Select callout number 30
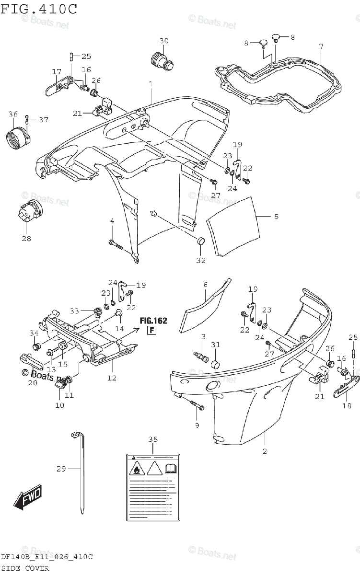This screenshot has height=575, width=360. (164, 41)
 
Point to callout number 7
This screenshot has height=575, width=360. (321, 46)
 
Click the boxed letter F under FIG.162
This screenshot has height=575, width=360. (151, 330)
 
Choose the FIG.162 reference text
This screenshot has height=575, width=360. (154, 321)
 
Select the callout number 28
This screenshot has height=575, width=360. (26, 238)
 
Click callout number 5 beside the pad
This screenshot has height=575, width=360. (276, 217)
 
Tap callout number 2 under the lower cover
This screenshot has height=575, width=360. (265, 451)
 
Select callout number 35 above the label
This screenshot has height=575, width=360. (152, 439)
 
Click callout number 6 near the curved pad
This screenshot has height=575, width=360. (205, 285)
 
